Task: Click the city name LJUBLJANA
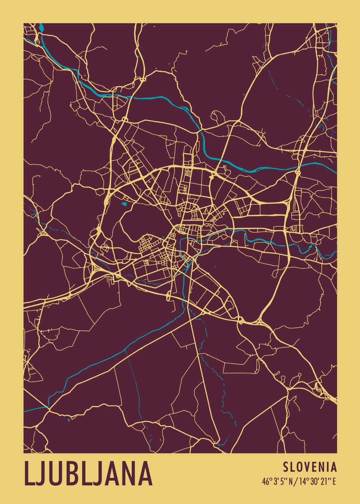(88, 473)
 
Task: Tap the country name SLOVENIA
(310, 467)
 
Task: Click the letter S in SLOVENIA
(286, 467)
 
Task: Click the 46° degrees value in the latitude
(266, 481)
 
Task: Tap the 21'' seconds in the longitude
(325, 481)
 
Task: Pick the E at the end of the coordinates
(334, 481)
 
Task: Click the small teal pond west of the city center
(124, 205)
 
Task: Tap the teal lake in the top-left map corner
(41, 28)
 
